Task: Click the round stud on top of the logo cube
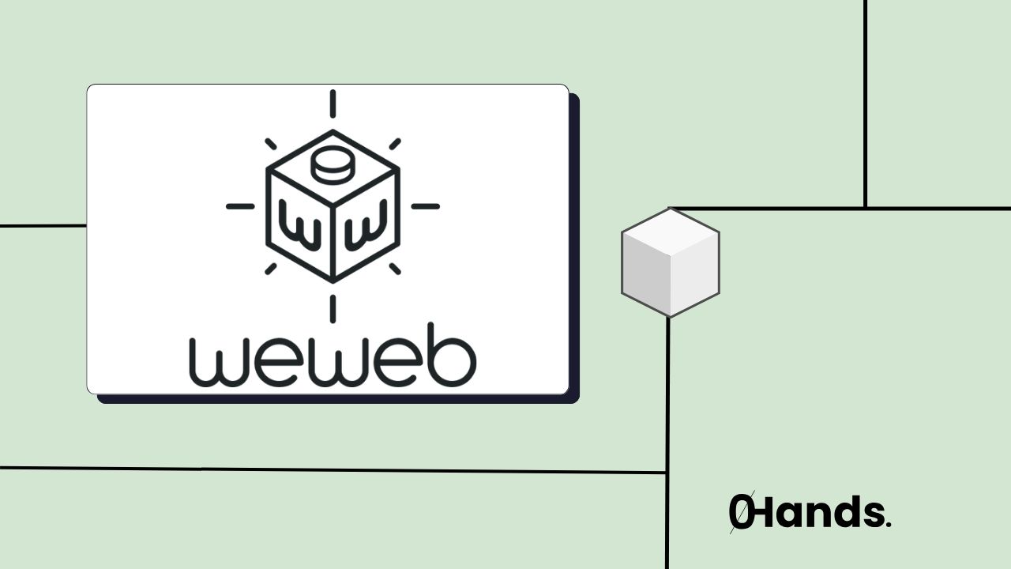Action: pyautogui.click(x=333, y=164)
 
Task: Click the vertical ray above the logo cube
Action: pyautogui.click(x=333, y=104)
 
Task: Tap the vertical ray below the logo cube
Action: pyautogui.click(x=333, y=308)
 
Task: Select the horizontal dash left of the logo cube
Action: pyautogui.click(x=240, y=206)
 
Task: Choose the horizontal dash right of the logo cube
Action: pyautogui.click(x=425, y=206)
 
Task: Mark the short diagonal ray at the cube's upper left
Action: pyautogui.click(x=271, y=144)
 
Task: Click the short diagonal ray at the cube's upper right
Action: pyautogui.click(x=394, y=144)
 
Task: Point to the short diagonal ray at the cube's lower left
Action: pyautogui.click(x=271, y=269)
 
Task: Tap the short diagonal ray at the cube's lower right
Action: pyautogui.click(x=394, y=269)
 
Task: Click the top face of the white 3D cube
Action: pyautogui.click(x=670, y=233)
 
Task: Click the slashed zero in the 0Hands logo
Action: pyautogui.click(x=740, y=512)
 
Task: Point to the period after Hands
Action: pyautogui.click(x=889, y=524)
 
